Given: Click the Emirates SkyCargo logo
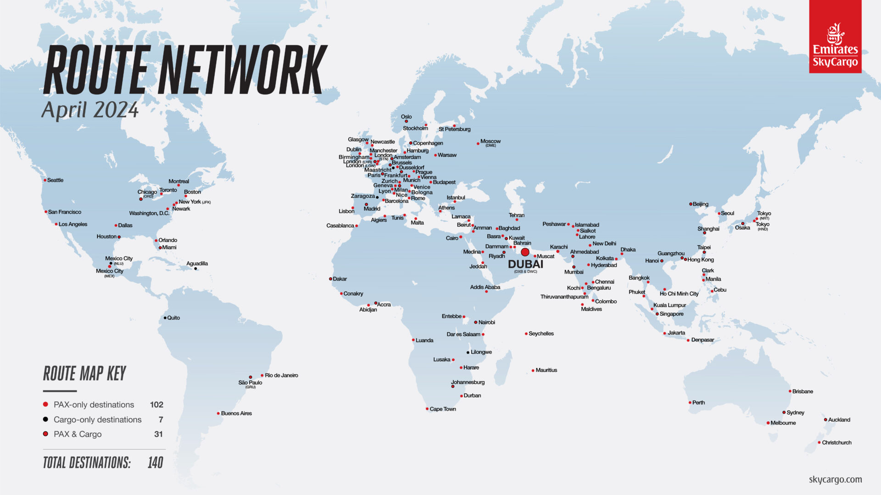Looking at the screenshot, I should (835, 37).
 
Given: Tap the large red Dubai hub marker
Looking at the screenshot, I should (525, 252).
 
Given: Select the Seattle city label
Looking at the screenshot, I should (55, 180).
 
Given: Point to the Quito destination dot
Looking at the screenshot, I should (165, 318).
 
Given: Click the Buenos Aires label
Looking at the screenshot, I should (236, 413).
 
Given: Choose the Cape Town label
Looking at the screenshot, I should (443, 409).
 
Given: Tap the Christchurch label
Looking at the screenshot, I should (836, 442).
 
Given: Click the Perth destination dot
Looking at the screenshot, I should (690, 402).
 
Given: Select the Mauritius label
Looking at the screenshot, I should (546, 370).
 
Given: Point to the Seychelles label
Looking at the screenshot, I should (541, 334).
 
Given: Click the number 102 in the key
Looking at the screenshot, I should (156, 405).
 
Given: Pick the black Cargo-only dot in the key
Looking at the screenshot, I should (45, 419).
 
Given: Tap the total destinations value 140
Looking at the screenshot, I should (156, 463).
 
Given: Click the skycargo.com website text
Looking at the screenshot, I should (835, 479).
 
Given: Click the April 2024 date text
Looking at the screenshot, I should (90, 110).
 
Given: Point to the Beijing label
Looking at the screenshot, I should (700, 204).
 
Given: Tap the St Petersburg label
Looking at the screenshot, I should (454, 129).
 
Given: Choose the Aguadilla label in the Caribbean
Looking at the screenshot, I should (197, 264).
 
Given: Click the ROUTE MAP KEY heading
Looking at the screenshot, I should (84, 374).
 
